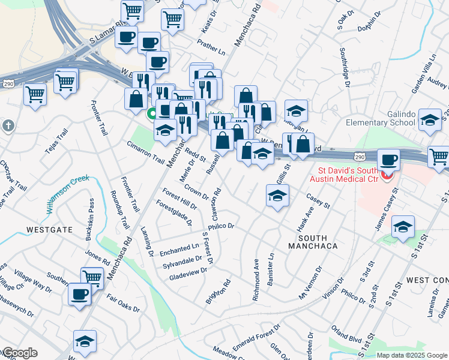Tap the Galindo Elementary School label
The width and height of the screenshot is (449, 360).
tap(381, 118)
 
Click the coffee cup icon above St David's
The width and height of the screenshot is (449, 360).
tap(389, 160)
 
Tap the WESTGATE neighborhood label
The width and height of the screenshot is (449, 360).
tap(50, 230)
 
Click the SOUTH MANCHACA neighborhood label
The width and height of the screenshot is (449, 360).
tap(312, 241)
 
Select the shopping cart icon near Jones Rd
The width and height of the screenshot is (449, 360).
tap(92, 277)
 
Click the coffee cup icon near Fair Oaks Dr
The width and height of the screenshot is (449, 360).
tap(79, 295)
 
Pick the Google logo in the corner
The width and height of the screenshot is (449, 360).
tap(20, 353)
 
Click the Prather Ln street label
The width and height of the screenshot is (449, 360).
tap(211, 47)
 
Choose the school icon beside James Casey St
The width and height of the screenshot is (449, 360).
tap(403, 226)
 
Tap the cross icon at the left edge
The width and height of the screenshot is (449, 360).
tap(7, 127)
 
